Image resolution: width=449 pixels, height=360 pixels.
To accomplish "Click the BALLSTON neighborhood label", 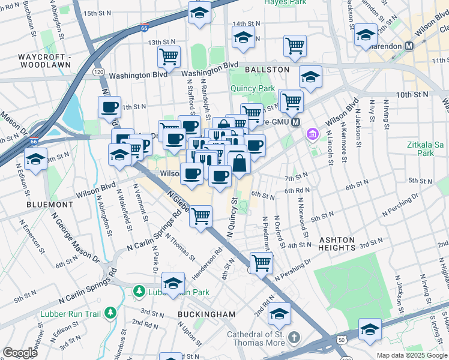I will [267, 70].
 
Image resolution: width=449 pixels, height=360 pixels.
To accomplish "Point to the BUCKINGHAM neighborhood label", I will [206, 314].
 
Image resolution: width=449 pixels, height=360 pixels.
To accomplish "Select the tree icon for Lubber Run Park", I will [139, 291].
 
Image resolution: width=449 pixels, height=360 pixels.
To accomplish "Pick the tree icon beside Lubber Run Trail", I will [110, 312].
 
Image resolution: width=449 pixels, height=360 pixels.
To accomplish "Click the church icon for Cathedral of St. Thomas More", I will [293, 336].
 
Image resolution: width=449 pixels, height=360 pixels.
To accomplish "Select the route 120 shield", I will [98, 72].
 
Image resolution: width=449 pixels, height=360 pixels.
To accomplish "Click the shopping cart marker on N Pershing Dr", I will [261, 262].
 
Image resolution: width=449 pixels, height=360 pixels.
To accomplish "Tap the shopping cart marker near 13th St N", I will [169, 56].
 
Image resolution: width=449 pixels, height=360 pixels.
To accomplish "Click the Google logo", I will [20, 353].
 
